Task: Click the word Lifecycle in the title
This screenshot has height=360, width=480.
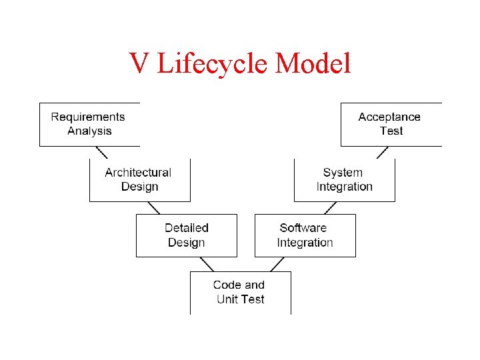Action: click(x=211, y=64)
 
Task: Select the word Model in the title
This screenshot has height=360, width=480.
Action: click(x=313, y=64)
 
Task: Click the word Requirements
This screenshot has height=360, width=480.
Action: click(x=88, y=117)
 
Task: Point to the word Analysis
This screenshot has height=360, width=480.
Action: click(x=89, y=131)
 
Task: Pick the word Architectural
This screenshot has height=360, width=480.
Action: click(x=138, y=172)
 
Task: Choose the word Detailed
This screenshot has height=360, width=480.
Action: click(x=187, y=228)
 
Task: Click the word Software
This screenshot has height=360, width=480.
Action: click(x=303, y=228)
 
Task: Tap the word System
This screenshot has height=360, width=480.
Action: click(x=343, y=173)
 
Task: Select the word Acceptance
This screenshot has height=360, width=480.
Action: click(x=389, y=117)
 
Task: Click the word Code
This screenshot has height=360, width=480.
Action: click(x=225, y=285)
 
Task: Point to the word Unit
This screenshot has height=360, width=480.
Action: click(x=228, y=299)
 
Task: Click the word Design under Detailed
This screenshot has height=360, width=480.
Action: click(x=187, y=243)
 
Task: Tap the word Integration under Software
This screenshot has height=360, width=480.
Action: click(x=305, y=243)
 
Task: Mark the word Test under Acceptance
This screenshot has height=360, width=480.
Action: click(x=391, y=131)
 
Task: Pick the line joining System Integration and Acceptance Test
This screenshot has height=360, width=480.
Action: click(x=382, y=152)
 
